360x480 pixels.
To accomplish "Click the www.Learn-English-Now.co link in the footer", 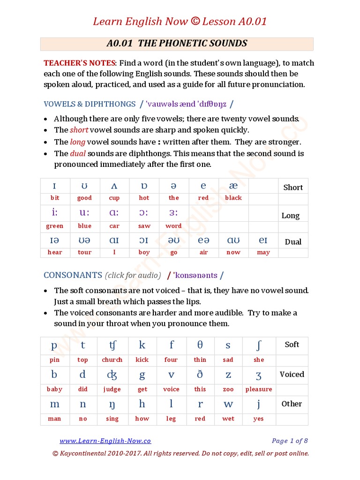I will [x=105, y=441].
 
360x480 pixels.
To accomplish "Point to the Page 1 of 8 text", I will [x=290, y=441].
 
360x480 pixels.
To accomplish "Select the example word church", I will [x=112, y=360].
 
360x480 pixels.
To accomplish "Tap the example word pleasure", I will [x=258, y=389].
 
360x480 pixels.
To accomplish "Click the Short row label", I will [x=293, y=187].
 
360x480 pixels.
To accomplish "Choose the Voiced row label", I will [x=292, y=374].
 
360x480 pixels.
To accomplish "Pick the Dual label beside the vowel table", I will [x=293, y=242].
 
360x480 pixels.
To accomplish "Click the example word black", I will [x=233, y=198].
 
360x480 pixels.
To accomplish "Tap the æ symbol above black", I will [x=233, y=186].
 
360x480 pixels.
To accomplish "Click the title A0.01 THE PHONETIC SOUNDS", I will [x=177, y=44].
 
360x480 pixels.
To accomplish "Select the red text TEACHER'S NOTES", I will [x=79, y=63].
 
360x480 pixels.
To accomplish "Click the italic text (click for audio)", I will [x=133, y=275].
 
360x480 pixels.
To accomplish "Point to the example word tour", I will [x=84, y=252].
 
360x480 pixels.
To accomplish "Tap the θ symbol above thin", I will [x=200, y=345].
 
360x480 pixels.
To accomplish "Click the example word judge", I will [x=112, y=389].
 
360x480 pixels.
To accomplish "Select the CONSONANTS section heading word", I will [x=73, y=275].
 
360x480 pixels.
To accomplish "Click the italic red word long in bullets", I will [x=77, y=142].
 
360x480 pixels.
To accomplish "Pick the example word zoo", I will [x=228, y=389].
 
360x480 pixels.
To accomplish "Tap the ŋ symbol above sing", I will [x=112, y=405].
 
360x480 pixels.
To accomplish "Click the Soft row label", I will [x=292, y=345].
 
